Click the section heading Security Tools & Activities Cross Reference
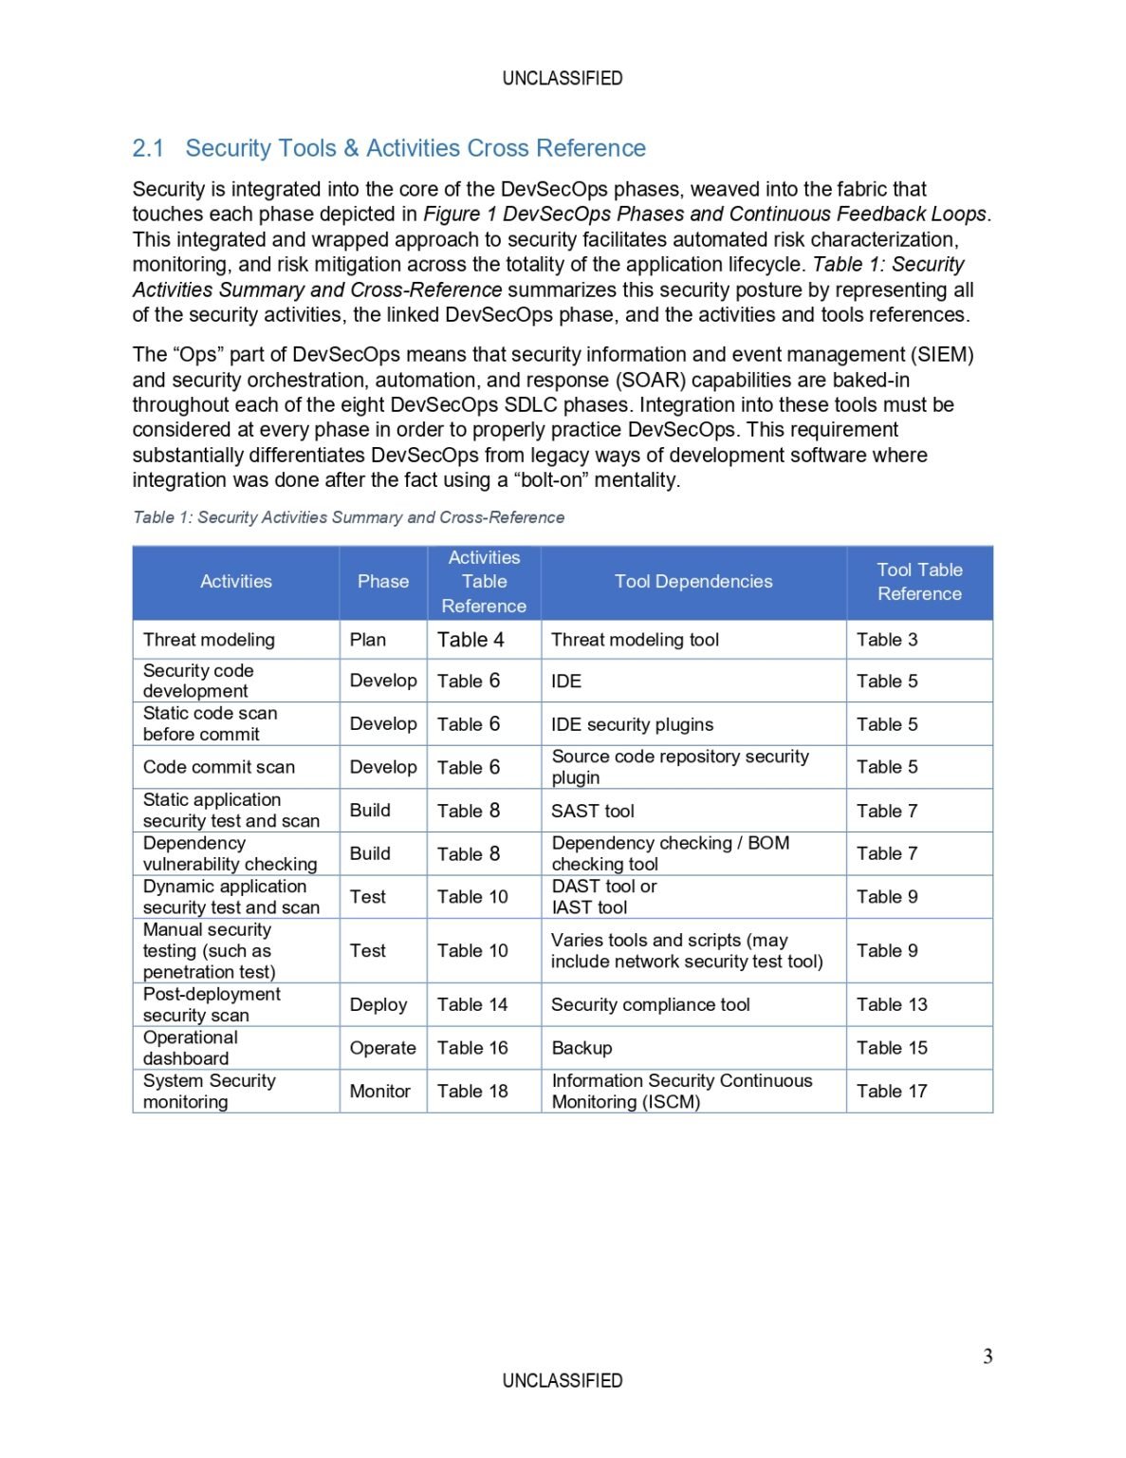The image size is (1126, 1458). [x=389, y=148]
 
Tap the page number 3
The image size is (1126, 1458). [x=988, y=1355]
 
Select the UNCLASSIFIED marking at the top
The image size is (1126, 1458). [x=563, y=78]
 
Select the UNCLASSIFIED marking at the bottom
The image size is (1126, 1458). [x=563, y=1380]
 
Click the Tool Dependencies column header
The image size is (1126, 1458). [x=693, y=582]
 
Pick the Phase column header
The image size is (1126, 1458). [x=383, y=582]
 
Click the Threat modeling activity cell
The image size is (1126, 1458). [x=209, y=640]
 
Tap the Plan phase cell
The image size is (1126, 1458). [x=368, y=640]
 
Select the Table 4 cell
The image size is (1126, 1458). [x=471, y=640]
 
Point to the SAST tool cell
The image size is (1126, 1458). [x=593, y=811]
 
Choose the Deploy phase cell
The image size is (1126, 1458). [x=378, y=1004]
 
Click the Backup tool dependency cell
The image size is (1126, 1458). [x=581, y=1048]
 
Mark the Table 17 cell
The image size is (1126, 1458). [x=892, y=1092]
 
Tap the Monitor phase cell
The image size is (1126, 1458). [x=380, y=1092]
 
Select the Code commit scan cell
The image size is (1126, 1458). [x=219, y=767]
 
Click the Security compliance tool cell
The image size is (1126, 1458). [x=651, y=1004]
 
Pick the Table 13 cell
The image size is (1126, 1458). [x=892, y=1004]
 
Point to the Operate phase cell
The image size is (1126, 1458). [x=382, y=1048]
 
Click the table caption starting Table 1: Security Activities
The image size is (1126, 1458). [x=348, y=517]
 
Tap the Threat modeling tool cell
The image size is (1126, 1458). [x=635, y=640]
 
